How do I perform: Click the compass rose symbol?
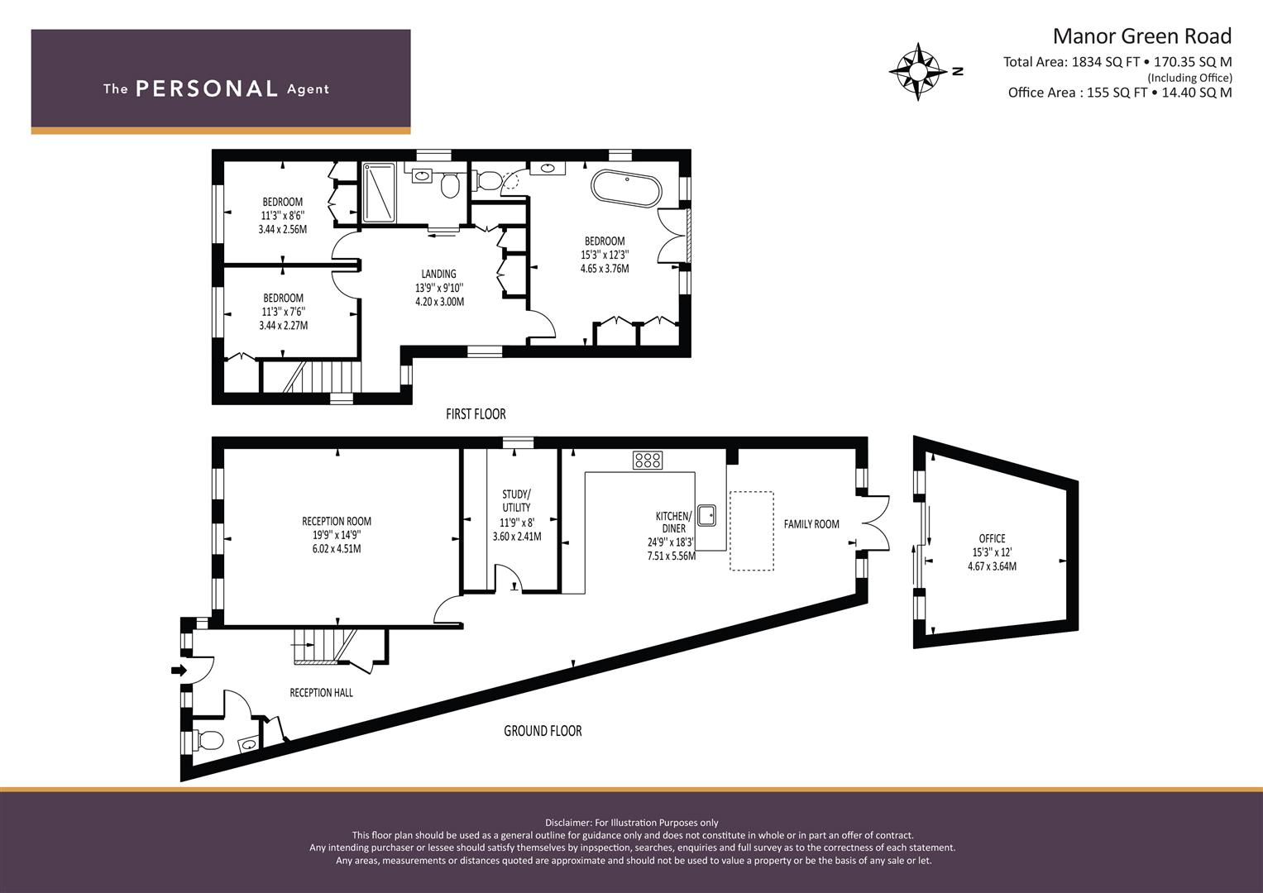(918, 72)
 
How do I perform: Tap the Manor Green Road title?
(1142, 36)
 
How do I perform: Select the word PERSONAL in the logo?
(207, 88)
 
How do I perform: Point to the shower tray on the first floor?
(379, 193)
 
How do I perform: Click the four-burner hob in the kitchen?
(648, 460)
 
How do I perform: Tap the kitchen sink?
(707, 514)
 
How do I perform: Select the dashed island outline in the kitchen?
(752, 531)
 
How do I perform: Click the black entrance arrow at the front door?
(179, 670)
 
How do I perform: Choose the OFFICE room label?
(992, 538)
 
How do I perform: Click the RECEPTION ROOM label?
(337, 522)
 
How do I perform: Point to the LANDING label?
(438, 274)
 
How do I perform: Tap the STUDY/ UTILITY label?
(516, 500)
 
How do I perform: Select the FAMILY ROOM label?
(811, 524)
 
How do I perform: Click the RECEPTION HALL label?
(322, 693)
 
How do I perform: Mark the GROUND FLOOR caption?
(543, 731)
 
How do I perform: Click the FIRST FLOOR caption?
(476, 414)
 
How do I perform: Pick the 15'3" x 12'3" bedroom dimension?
(605, 255)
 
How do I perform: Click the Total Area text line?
(1117, 62)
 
